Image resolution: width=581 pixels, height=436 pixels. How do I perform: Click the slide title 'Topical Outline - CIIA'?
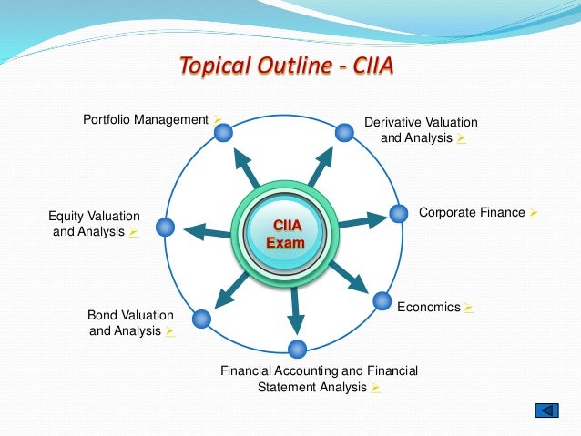point(286,67)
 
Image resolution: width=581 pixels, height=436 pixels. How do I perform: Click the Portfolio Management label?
point(147,119)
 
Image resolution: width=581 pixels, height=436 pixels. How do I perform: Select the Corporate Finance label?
point(472,212)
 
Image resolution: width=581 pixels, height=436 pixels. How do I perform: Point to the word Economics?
point(429,307)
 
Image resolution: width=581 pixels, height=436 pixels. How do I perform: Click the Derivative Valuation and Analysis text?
point(421,130)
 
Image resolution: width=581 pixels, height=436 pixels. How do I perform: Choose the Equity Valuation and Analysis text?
point(94,224)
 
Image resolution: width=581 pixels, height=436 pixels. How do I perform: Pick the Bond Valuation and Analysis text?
point(129,323)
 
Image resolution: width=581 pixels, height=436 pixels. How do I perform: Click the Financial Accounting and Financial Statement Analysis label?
point(320,379)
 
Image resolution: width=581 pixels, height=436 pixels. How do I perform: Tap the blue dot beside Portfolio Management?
point(222,133)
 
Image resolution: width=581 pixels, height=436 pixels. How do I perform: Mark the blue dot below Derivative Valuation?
point(344,133)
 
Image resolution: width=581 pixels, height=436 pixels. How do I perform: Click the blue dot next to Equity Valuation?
point(165,227)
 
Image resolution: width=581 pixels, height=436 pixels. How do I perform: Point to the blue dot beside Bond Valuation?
point(202,319)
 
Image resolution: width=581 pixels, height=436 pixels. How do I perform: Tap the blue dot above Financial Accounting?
point(296,349)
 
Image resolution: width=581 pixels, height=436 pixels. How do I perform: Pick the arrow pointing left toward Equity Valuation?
point(206,231)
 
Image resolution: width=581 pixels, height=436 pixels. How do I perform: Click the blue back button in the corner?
point(545,411)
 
